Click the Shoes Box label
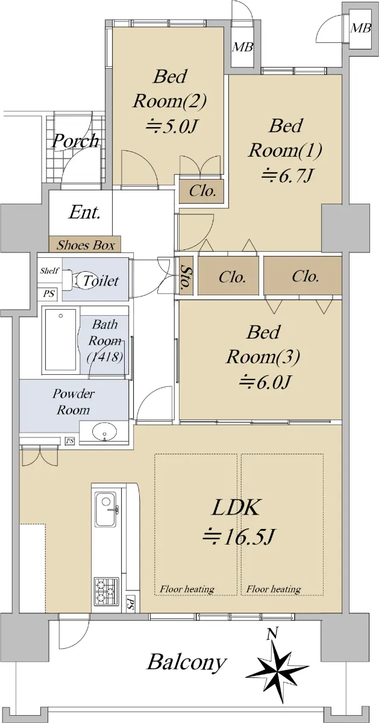86,245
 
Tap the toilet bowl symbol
75,280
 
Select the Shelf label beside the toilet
49,271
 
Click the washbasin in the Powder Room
105,431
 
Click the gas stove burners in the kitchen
106,592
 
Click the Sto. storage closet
186,275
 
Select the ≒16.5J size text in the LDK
239,536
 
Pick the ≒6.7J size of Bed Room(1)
287,175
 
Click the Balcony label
187,662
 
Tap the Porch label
75,141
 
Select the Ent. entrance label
84,212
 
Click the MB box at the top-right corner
360,28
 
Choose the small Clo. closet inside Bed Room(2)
202,191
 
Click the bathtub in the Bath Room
61,340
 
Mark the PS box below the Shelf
49,294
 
